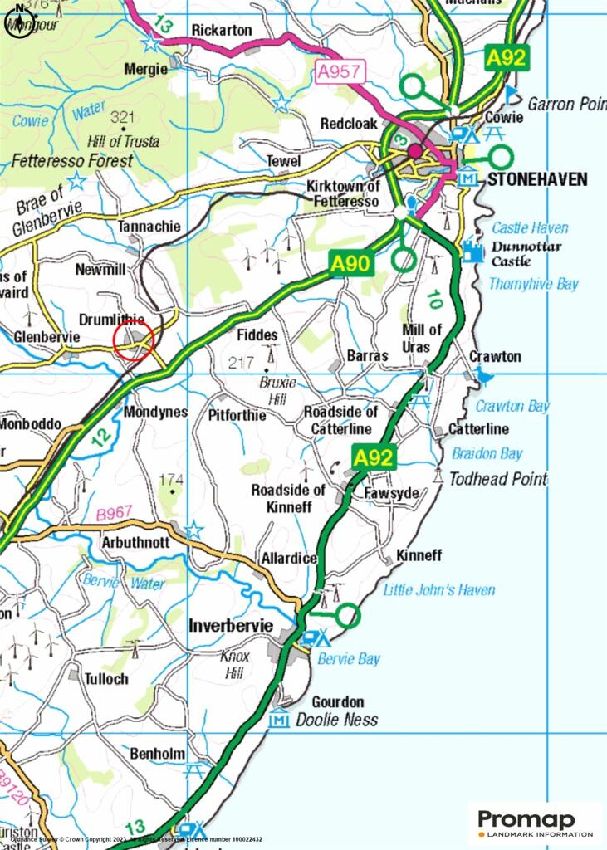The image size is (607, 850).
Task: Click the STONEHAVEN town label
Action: pyautogui.click(x=537, y=179)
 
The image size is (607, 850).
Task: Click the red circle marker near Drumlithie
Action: pyautogui.click(x=134, y=340)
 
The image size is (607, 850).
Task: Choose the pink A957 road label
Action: pyautogui.click(x=338, y=74)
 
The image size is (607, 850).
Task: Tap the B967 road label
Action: pyautogui.click(x=114, y=515)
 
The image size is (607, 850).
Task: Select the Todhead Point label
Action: pyautogui.click(x=498, y=479)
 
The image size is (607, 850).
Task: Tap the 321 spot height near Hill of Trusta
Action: pyautogui.click(x=121, y=116)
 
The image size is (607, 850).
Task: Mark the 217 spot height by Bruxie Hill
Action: pyautogui.click(x=241, y=363)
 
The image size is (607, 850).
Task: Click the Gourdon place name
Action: pyautogui.click(x=337, y=701)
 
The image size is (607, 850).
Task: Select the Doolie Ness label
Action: pyautogui.click(x=337, y=721)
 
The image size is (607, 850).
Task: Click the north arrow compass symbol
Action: pyautogui.click(x=19, y=17)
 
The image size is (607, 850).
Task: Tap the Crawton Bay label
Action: pyautogui.click(x=512, y=406)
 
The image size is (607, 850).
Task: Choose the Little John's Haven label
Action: pyautogui.click(x=438, y=590)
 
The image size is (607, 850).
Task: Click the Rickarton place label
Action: pyautogui.click(x=222, y=30)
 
